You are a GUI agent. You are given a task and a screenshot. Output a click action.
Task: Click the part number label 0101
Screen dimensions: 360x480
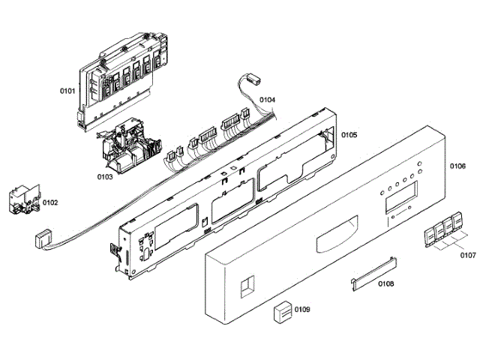coord(67,91)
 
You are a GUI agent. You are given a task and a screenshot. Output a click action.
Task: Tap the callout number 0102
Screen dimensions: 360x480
coord(50,202)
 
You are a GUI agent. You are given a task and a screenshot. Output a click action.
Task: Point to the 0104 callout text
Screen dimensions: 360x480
coord(268,100)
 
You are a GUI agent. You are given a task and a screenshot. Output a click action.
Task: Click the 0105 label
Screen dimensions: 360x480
coord(349,135)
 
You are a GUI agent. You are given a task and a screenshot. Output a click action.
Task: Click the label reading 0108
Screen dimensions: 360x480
coord(386,283)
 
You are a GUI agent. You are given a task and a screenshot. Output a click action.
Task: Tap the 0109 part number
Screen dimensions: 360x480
coord(302,309)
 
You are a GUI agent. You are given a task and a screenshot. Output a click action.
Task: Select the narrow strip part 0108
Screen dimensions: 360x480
coord(373,269)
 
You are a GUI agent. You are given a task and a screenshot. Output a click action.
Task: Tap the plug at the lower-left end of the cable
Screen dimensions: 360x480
coord(43,238)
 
